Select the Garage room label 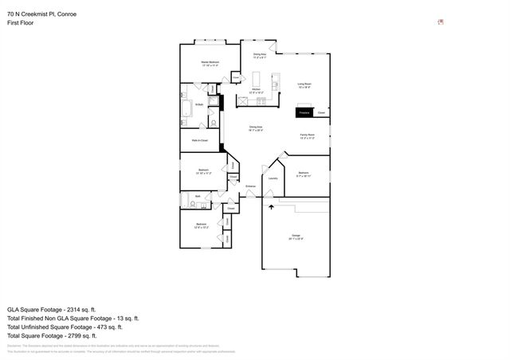[296, 237]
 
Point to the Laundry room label [273, 178]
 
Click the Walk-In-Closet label [200, 140]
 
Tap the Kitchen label [257, 92]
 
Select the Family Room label [308, 137]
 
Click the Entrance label [250, 186]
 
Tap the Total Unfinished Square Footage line [65, 327]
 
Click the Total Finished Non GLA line [73, 318]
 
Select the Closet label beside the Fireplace [321, 113]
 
